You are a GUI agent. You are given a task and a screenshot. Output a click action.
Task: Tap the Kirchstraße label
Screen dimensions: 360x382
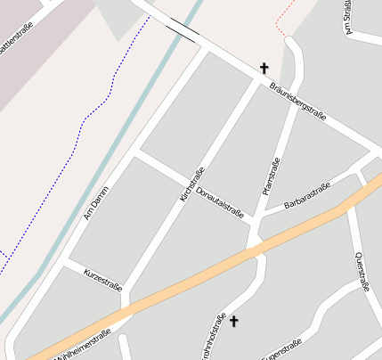(x=192, y=184)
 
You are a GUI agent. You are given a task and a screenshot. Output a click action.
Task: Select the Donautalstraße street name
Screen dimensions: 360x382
(x=220, y=203)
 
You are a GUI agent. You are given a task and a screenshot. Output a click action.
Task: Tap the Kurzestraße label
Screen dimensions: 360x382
(x=102, y=276)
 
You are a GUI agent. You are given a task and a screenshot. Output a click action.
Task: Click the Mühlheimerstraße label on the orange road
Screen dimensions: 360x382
(x=82, y=346)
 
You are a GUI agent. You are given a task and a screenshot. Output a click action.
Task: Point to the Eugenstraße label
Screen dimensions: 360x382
(x=283, y=349)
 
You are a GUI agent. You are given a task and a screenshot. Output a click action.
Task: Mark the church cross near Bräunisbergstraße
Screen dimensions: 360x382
(x=264, y=68)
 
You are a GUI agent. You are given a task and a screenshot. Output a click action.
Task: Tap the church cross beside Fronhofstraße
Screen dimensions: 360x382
(x=234, y=321)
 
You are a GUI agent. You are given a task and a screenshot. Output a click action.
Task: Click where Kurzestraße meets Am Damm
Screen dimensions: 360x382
(x=65, y=262)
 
